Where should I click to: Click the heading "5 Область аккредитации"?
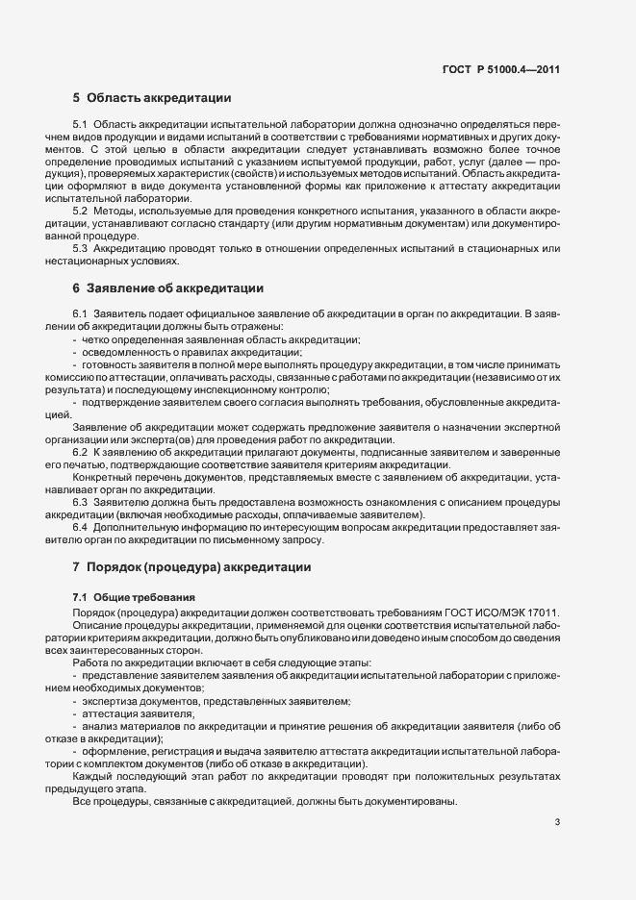click(x=151, y=98)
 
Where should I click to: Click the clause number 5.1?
click(x=80, y=126)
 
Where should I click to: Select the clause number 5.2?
click(x=80, y=211)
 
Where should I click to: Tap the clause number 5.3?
click(x=80, y=248)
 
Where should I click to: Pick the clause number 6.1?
click(x=80, y=314)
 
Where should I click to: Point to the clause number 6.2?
click(x=80, y=452)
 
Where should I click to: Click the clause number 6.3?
click(x=80, y=502)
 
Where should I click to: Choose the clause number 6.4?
click(x=80, y=527)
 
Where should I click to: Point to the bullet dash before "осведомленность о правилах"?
click(x=75, y=352)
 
